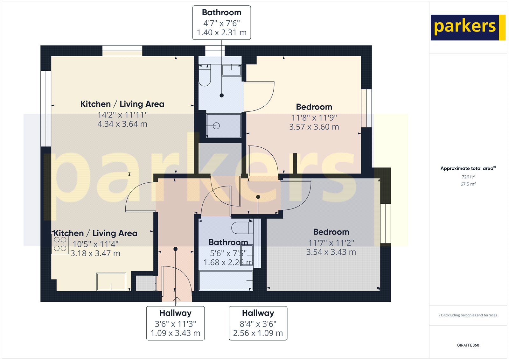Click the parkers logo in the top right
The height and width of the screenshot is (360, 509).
[x=467, y=27]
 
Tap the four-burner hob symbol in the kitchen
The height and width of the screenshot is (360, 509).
[x=60, y=244]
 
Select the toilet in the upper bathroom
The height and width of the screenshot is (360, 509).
[x=205, y=76]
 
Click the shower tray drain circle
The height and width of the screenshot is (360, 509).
[x=216, y=126]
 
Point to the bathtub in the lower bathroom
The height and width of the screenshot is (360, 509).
[x=226, y=280]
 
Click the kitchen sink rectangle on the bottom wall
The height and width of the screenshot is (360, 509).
[x=111, y=282]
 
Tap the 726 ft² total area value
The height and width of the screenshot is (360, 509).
[x=468, y=177]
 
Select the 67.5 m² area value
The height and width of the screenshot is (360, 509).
[x=468, y=184]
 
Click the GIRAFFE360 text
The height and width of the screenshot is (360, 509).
[x=468, y=345]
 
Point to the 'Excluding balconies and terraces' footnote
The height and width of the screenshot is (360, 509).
[x=468, y=315]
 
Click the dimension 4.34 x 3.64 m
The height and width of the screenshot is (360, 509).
[x=122, y=124]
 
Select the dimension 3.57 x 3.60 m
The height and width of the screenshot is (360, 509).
[x=314, y=127]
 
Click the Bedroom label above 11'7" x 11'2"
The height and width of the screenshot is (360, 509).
[x=331, y=232]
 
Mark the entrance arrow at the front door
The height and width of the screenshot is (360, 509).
[x=177, y=299]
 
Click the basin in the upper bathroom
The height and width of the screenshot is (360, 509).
[x=231, y=70]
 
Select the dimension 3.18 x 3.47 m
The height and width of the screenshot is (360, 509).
[x=95, y=253]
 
